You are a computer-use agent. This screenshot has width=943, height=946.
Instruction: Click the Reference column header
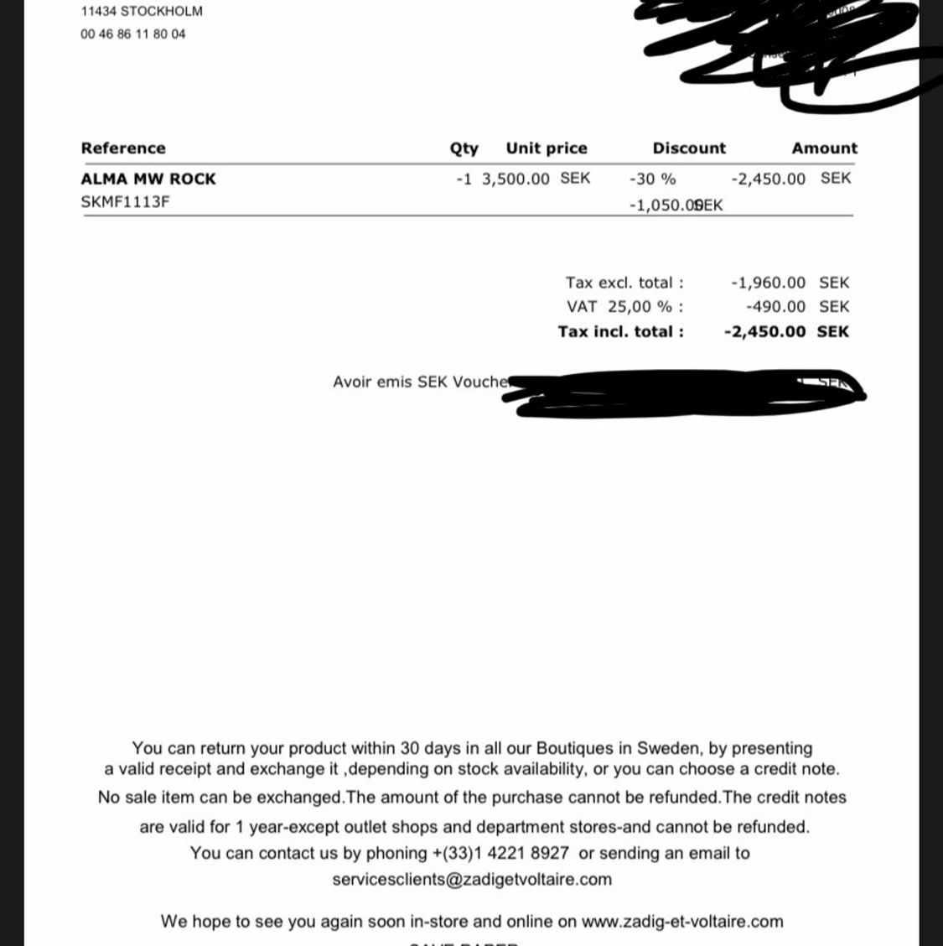[x=123, y=148]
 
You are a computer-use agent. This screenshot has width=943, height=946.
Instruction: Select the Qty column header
[x=464, y=148]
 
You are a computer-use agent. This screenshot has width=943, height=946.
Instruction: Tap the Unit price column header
[x=547, y=148]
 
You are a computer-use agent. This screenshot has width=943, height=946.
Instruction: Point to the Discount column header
[x=689, y=148]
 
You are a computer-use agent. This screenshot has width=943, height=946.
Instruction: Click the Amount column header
[x=824, y=148]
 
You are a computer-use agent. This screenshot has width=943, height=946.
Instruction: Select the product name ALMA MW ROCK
[x=148, y=179]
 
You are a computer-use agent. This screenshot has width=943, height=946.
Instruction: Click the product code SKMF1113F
[x=125, y=202]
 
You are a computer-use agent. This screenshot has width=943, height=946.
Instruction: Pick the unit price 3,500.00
[x=516, y=179]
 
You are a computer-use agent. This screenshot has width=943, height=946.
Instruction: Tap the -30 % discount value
[x=652, y=179]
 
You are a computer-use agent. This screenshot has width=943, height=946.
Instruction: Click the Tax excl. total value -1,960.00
[x=768, y=283]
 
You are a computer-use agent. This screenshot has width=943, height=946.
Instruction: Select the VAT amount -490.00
[x=775, y=307]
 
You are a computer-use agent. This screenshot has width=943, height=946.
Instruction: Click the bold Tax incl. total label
[x=620, y=331]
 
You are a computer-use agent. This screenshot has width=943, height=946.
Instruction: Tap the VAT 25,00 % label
[x=624, y=307]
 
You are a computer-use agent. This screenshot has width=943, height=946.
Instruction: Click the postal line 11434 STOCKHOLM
[x=142, y=12]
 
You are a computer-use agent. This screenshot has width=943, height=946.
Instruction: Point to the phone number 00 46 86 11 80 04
[x=133, y=34]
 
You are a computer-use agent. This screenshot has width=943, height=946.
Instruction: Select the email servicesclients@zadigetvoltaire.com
[x=472, y=880]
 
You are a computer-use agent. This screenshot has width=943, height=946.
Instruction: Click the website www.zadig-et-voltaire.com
[x=682, y=922]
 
